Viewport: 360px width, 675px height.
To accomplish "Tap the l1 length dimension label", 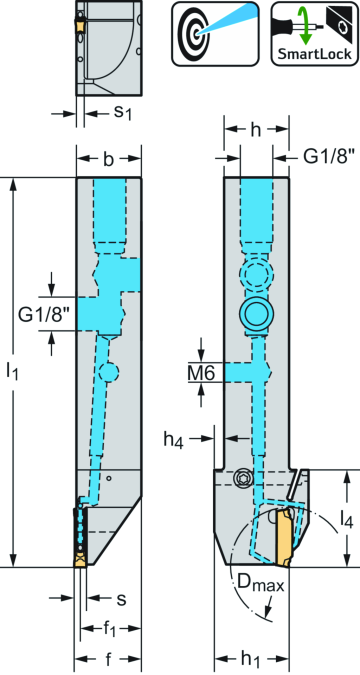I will point(14,371).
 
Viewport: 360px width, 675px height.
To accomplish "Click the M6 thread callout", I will point(203,372).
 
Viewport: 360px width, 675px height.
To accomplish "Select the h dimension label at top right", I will point(255,130).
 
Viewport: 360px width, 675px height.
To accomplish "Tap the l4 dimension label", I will point(343,519).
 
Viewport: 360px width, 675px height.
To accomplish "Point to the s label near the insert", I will point(121,599).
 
